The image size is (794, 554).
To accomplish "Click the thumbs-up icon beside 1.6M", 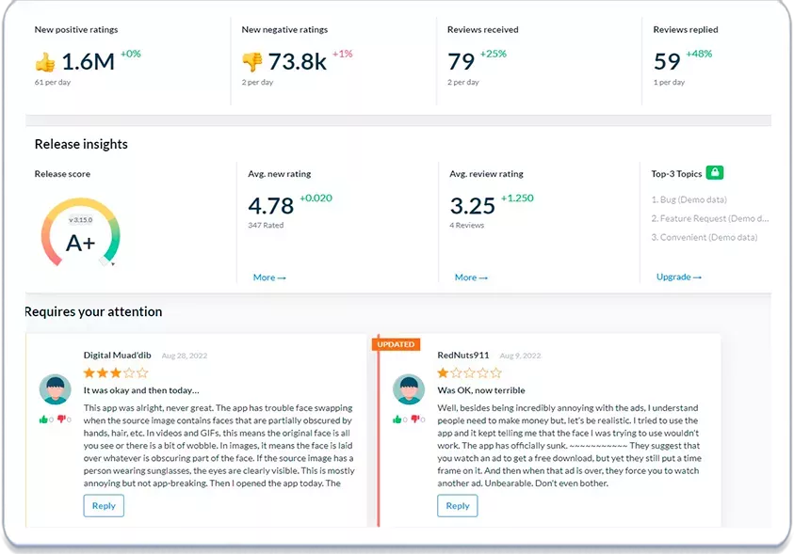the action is [x=45, y=62].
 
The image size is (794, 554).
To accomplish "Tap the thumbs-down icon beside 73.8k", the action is [x=252, y=62].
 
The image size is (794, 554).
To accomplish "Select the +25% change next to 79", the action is [x=494, y=54].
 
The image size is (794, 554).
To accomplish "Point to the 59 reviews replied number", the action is [x=667, y=62].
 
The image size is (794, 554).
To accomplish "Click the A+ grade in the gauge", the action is [x=80, y=243].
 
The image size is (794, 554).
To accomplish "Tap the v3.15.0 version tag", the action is [x=80, y=220].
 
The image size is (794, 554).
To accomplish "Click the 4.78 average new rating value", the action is [x=271, y=206].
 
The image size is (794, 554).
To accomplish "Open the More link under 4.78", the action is [x=269, y=277].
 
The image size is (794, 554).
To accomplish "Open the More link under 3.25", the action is [x=471, y=277].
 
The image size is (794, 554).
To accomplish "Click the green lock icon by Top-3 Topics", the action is [x=715, y=172].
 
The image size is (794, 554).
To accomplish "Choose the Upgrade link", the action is [x=679, y=277].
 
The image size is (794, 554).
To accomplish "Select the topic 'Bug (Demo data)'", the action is [x=689, y=199].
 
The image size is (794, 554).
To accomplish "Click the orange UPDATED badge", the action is [x=396, y=344].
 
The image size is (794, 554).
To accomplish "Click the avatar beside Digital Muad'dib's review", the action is [x=56, y=389].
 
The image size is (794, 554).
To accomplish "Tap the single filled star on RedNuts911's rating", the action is [x=443, y=373].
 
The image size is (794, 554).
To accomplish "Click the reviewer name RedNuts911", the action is [x=463, y=356].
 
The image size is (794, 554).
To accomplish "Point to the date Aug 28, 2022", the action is [x=185, y=356].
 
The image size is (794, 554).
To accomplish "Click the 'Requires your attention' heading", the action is [x=93, y=312].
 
